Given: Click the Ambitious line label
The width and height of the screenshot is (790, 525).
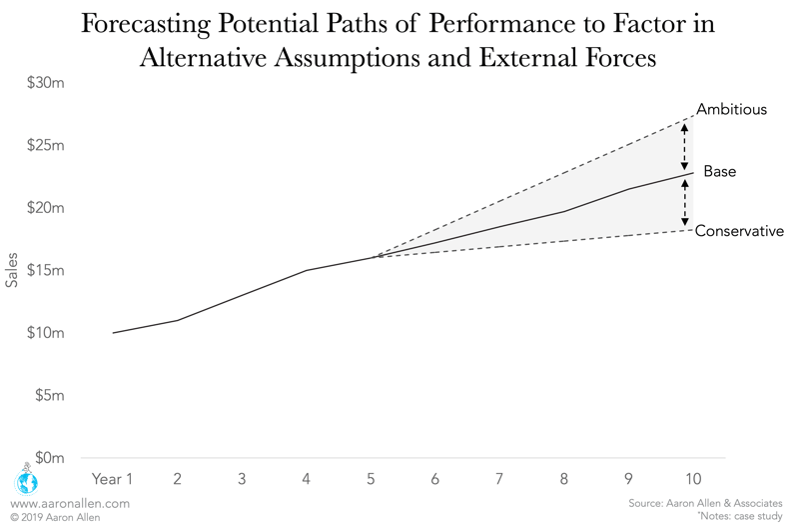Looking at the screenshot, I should click(x=732, y=109).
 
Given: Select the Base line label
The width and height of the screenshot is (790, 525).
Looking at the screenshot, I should click(x=719, y=172).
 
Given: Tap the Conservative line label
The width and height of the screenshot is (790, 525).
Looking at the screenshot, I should click(x=739, y=231).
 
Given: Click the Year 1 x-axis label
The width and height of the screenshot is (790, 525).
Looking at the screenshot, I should click(x=112, y=479).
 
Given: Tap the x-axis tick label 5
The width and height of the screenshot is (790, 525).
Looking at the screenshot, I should click(x=371, y=479).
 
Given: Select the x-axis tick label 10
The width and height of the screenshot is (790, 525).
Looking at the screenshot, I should click(x=692, y=479).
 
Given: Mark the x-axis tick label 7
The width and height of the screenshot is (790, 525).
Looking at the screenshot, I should click(x=499, y=479).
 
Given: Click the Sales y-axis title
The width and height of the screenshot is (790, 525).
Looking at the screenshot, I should click(x=12, y=270).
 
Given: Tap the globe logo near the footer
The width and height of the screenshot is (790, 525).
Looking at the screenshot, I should click(x=25, y=480).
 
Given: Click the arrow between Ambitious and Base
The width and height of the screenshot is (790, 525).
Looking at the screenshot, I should click(x=684, y=146).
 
